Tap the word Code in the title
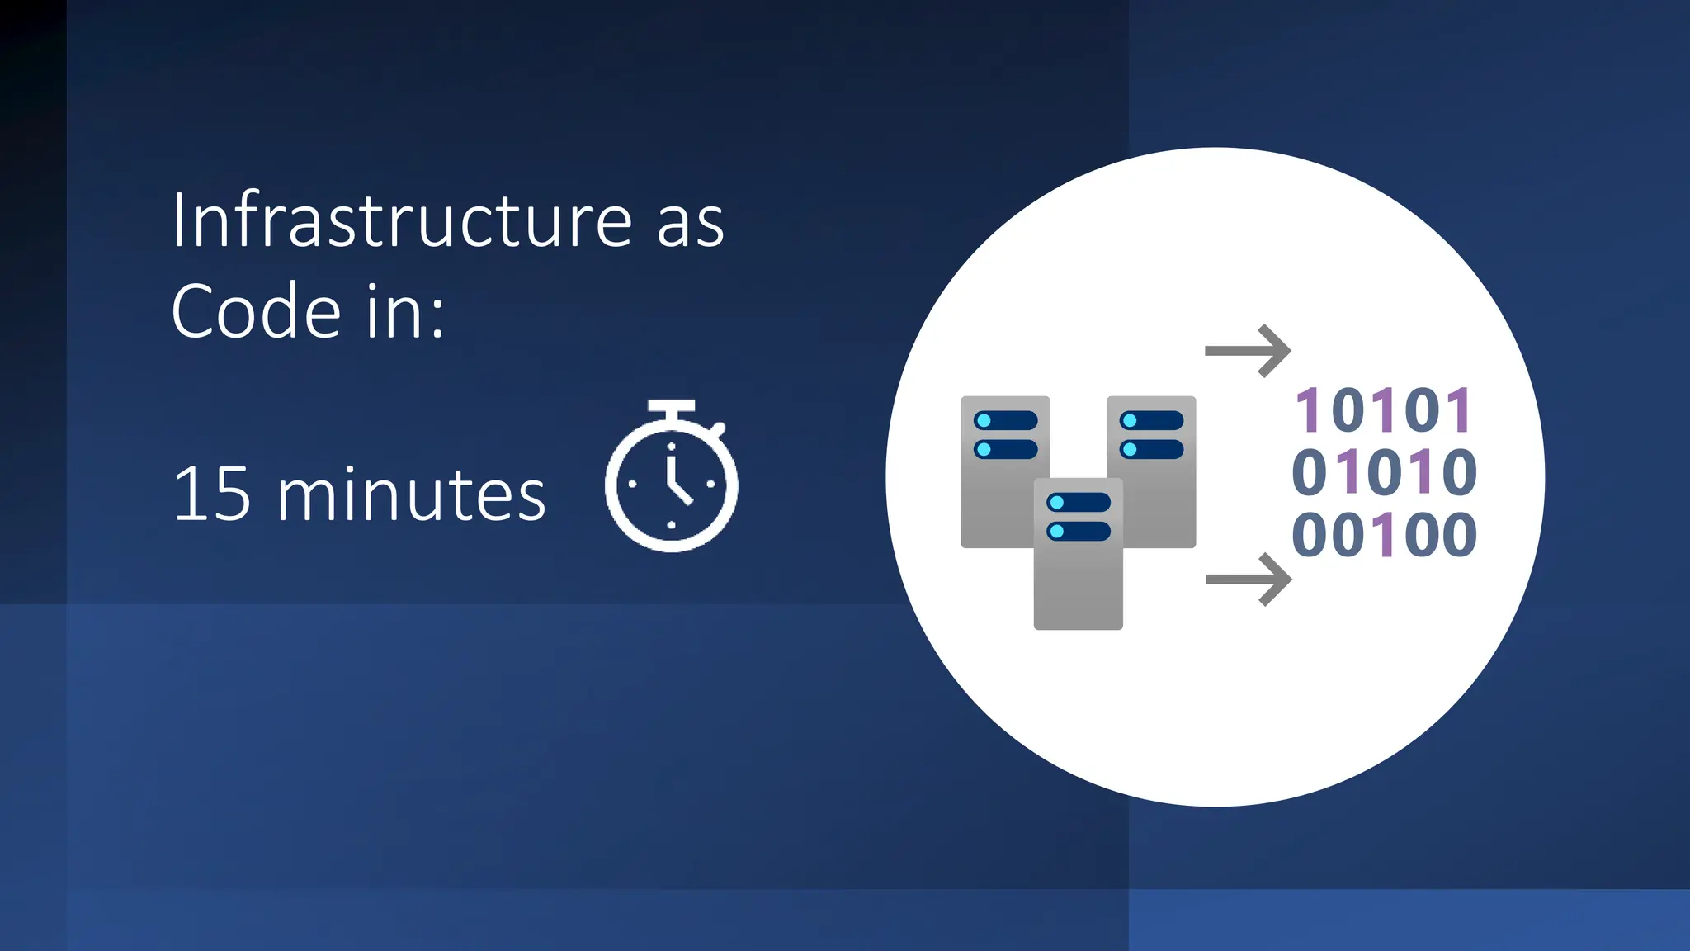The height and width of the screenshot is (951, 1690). coord(256,312)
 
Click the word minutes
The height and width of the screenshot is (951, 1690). coord(411,495)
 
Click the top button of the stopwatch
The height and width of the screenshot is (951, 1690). coord(671,406)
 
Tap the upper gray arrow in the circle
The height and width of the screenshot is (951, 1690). coord(1248,351)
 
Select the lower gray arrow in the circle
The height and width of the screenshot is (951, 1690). coord(1248,580)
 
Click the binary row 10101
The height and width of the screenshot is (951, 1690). coord(1384,410)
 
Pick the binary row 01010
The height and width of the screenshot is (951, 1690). coord(1384,472)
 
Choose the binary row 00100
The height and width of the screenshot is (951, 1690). coord(1384,535)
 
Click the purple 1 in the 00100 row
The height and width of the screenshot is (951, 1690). coord(1385,535)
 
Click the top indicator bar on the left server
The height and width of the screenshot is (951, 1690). coord(1005,421)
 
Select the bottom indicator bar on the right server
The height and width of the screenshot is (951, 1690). coord(1151,450)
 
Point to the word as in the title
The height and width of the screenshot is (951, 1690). coord(690,222)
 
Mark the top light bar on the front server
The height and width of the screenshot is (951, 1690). coord(1078,503)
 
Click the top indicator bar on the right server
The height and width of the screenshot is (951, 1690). coord(1151,421)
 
